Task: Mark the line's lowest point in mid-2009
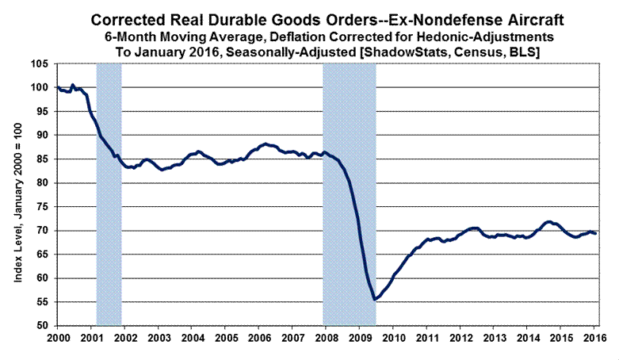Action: click(375, 299)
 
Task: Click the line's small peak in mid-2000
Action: click(72, 85)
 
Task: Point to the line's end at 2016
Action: click(596, 233)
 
